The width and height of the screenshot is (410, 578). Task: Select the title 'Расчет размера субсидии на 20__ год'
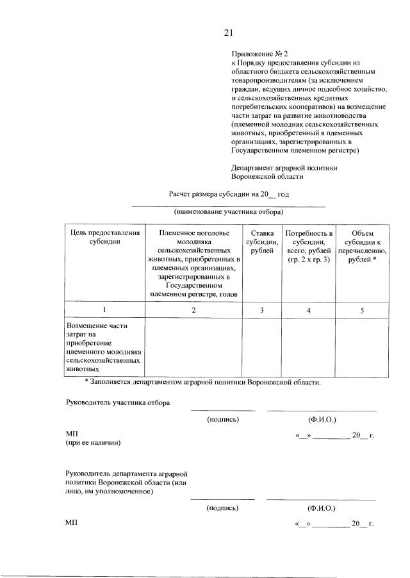[229, 193]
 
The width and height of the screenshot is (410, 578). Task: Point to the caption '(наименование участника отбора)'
[229, 211]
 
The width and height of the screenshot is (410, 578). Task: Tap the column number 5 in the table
[362, 310]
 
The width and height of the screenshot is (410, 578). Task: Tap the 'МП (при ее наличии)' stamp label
[93, 438]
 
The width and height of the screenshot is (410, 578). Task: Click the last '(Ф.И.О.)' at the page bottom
[322, 508]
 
